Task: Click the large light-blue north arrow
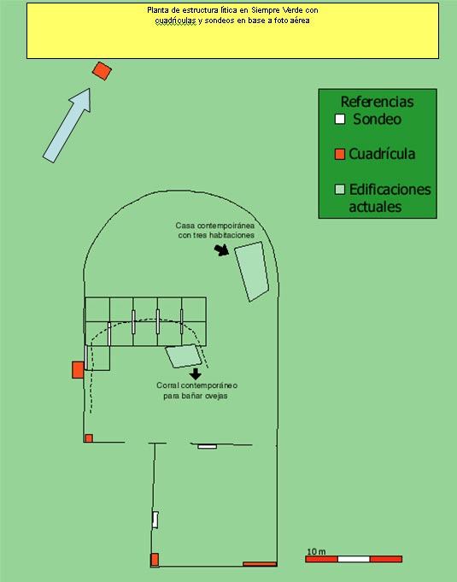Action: point(67,125)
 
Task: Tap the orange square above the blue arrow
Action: point(102,71)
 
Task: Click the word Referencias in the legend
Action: point(377,102)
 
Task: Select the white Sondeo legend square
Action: point(340,119)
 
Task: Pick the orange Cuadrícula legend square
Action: point(340,154)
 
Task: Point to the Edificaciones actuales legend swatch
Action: point(340,189)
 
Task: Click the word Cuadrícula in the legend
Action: point(382,154)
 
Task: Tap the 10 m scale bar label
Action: point(316,552)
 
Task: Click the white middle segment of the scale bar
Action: point(354,559)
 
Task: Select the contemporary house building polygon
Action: point(252,271)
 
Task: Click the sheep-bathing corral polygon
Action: point(184,356)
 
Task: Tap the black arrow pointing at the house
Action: point(222,250)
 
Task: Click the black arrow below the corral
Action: point(195,373)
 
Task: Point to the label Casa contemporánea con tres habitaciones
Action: point(215,230)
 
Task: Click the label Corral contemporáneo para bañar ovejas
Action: point(196,391)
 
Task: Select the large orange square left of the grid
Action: point(78,370)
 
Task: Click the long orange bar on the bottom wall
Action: point(260,564)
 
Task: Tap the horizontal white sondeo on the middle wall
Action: point(207,446)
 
